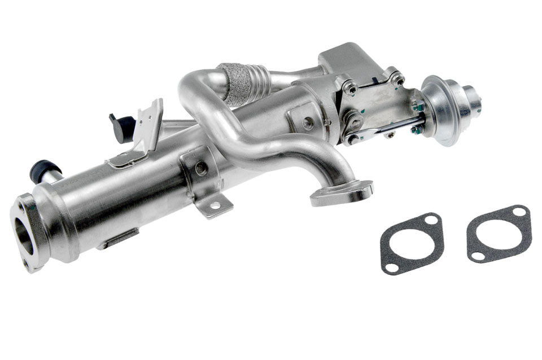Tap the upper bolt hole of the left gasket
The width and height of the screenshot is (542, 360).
tap(431, 219)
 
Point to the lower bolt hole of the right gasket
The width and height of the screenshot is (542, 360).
tap(477, 256)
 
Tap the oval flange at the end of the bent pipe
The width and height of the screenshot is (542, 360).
tap(342, 192)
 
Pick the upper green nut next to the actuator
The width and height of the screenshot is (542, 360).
tap(418, 106)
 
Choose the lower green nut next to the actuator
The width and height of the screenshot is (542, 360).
tap(416, 130)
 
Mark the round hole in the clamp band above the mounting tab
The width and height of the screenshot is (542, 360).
tap(200, 168)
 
